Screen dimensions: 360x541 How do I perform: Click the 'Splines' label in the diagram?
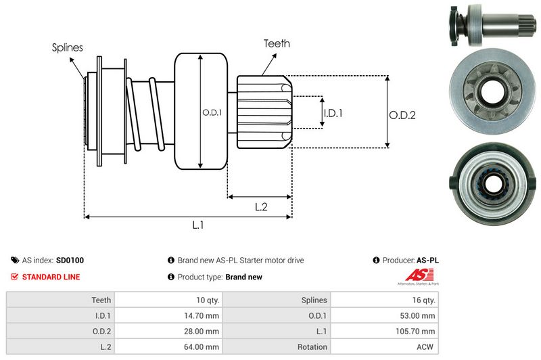coord(67,47)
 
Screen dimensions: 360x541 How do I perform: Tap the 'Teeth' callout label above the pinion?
coord(277,43)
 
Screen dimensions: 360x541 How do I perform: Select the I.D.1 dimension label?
coord(332,113)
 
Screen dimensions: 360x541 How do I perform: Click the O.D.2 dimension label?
coord(402,115)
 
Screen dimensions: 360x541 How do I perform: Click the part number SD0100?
coord(70,260)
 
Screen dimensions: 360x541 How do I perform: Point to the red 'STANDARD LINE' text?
coord(51,277)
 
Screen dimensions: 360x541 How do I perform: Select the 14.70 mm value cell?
coord(203,315)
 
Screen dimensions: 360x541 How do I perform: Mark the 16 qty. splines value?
coord(424,300)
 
